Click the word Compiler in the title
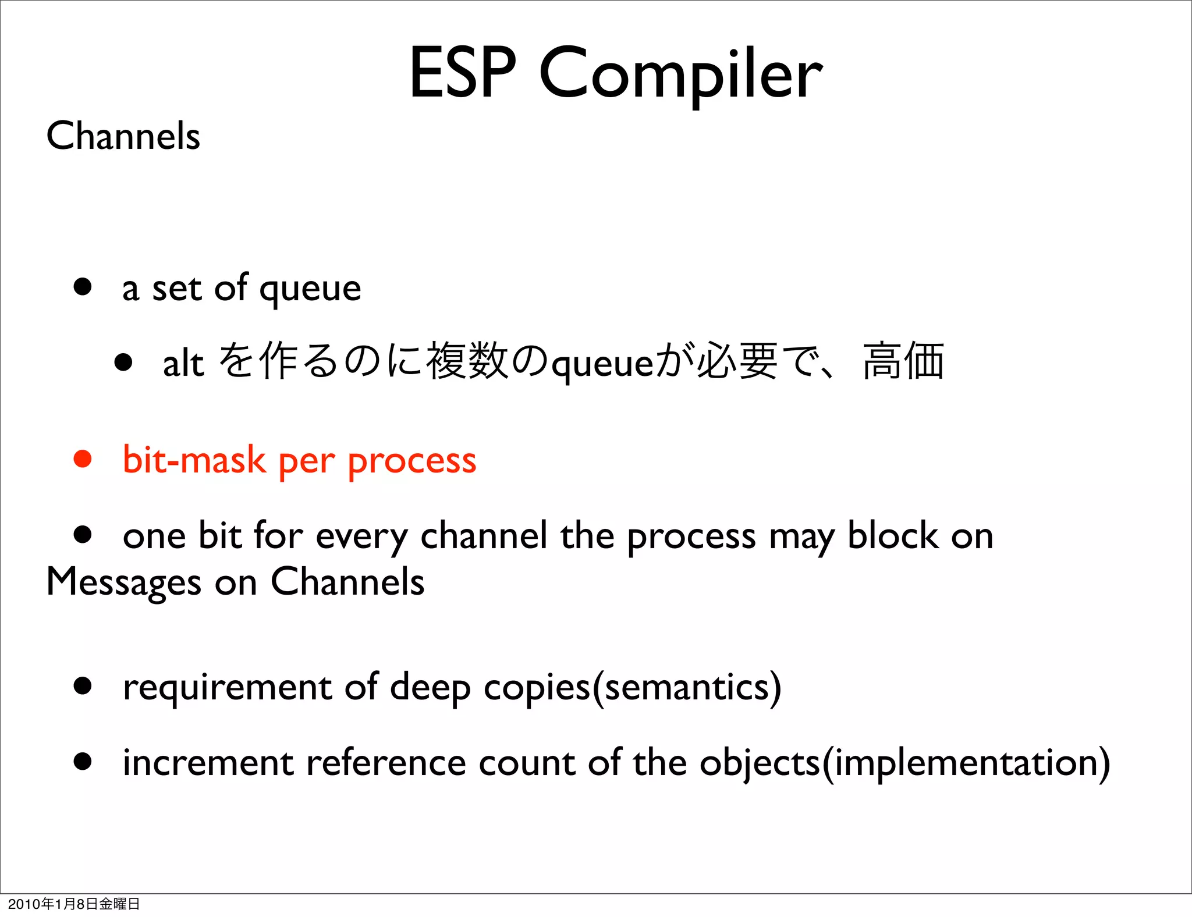tap(681, 74)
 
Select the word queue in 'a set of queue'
tap(310, 289)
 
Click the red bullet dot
tap(83, 459)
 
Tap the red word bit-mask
tap(194, 460)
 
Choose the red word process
tap(412, 461)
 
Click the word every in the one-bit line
tap(361, 536)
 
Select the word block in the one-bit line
tap(892, 535)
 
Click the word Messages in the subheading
tap(123, 582)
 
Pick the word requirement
tap(227, 688)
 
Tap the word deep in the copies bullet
tap(430, 688)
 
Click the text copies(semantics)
tap(632, 688)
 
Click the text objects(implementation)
tap(904, 763)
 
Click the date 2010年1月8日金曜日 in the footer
tap(74, 904)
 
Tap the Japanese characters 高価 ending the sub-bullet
tap(903, 361)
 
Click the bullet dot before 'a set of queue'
tap(83, 286)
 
